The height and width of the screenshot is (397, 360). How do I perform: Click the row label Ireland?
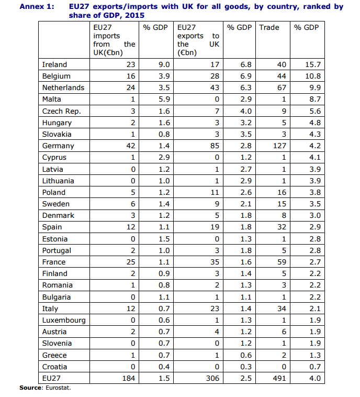tap(54, 64)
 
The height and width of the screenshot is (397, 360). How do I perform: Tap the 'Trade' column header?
tap(269, 27)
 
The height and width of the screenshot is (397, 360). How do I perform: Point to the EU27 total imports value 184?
tap(128, 378)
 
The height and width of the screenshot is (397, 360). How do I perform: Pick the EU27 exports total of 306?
tap(212, 378)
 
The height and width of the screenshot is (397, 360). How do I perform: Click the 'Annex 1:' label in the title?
tap(37, 7)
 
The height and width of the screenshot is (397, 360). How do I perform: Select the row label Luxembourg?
tap(64, 320)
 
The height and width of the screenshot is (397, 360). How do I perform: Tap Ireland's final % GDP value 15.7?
tap(312, 64)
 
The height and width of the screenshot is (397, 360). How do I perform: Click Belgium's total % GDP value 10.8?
tap(312, 76)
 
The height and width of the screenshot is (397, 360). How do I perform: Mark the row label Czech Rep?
tap(61, 111)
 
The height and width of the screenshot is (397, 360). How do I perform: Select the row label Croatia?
tap(54, 367)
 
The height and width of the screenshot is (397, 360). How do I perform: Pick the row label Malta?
tap(51, 99)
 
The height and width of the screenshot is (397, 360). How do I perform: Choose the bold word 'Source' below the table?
tap(30, 388)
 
